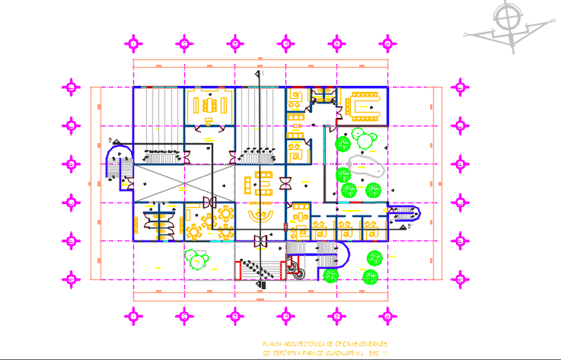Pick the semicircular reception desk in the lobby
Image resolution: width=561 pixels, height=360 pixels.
(x=261, y=218)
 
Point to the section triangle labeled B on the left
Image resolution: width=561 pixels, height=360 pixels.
(x=111, y=140)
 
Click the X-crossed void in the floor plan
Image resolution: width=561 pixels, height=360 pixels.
(x=158, y=183)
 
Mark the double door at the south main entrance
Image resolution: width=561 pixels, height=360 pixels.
(x=261, y=242)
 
